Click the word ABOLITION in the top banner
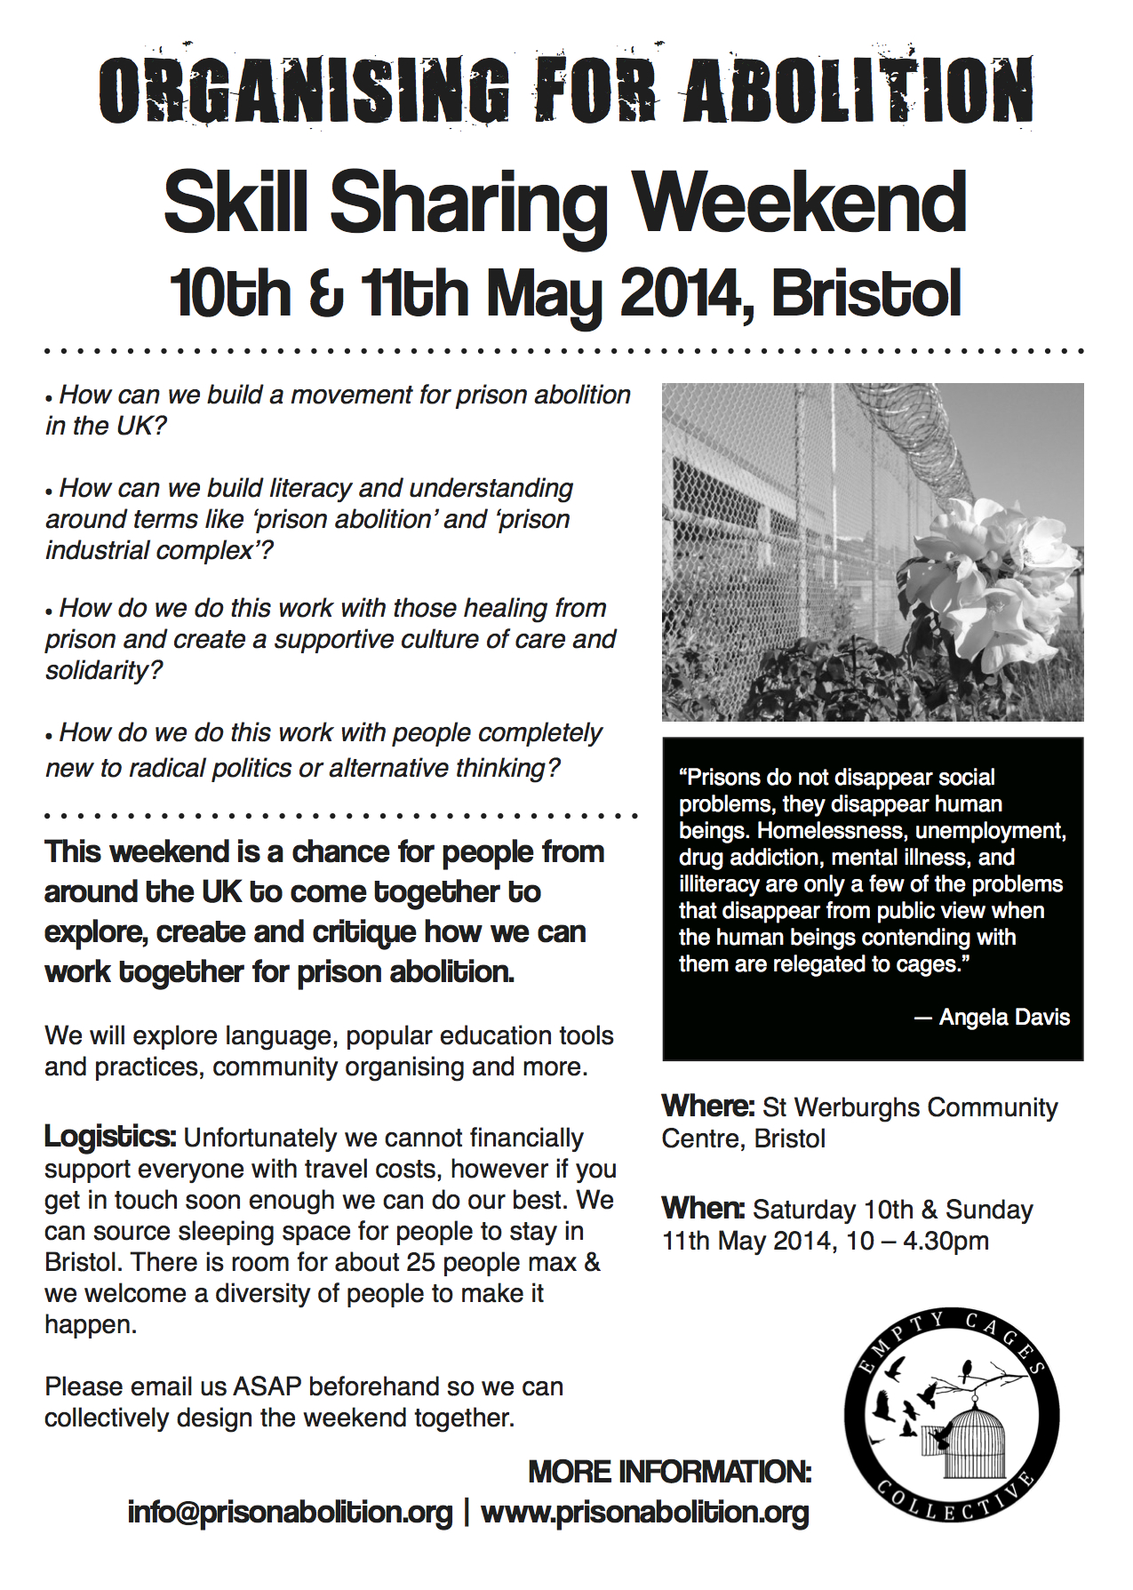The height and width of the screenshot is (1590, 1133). [x=858, y=90]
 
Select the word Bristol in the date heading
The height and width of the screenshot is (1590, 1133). [x=866, y=294]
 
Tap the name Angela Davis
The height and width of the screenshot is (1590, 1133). [x=1004, y=1017]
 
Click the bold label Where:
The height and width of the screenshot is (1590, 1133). [x=708, y=1107]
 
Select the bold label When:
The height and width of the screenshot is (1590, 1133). [x=703, y=1209]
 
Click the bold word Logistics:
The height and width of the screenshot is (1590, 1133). [x=110, y=1137]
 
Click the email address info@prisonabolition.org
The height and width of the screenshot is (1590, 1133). [x=290, y=1512]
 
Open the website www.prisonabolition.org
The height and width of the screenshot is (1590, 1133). [x=645, y=1512]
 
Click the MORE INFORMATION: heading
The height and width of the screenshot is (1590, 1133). [x=670, y=1472]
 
